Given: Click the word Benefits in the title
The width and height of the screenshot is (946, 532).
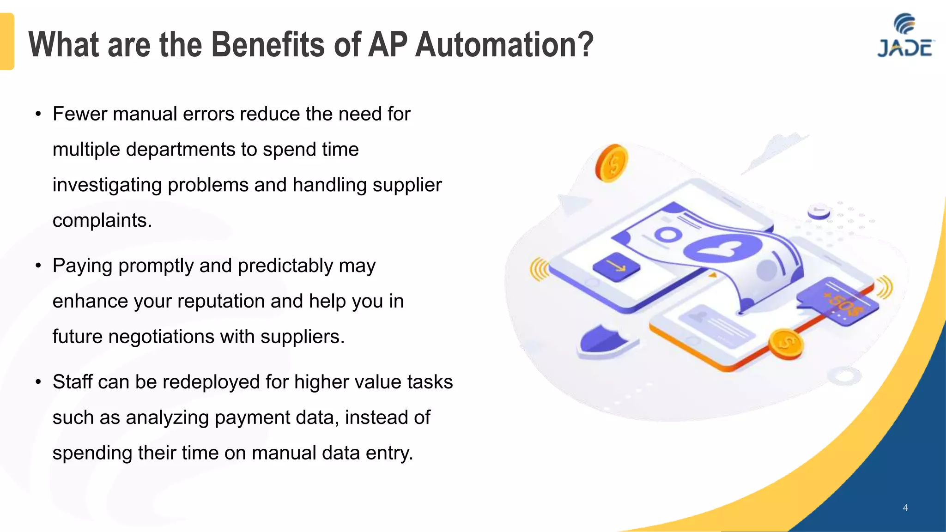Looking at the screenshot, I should (x=268, y=45).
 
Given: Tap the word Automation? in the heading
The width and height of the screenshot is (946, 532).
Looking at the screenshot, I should (x=504, y=45).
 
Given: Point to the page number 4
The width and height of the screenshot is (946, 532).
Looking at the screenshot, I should (x=905, y=508).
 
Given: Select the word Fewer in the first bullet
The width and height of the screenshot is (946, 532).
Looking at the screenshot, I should (x=79, y=114).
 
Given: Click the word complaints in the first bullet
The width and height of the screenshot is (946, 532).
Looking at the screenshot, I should (x=101, y=221).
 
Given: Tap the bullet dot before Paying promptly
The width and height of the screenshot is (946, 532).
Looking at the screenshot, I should (x=38, y=266).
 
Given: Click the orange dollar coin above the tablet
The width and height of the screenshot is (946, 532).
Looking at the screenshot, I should (x=612, y=163).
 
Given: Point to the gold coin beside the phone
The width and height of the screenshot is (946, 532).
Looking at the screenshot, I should (x=786, y=344).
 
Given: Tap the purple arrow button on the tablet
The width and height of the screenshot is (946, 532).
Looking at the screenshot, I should (x=616, y=266).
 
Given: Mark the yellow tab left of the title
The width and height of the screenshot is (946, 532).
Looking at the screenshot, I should (x=7, y=42).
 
